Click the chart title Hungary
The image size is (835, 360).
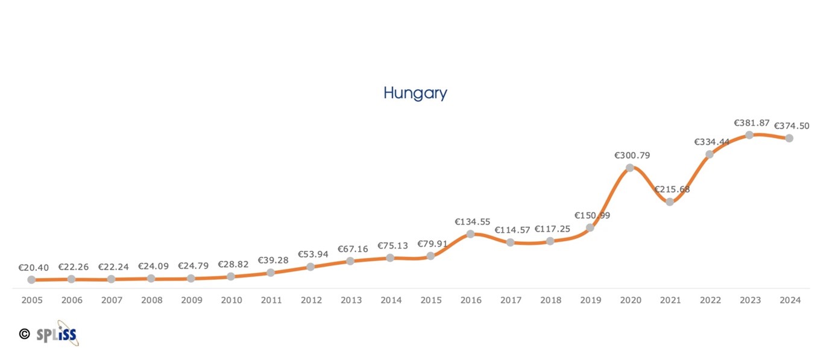[x=415, y=93]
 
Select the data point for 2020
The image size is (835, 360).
[x=630, y=168]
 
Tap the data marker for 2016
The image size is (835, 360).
[x=471, y=233]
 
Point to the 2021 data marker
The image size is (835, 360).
[x=670, y=201]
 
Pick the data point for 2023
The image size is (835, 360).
[x=749, y=135]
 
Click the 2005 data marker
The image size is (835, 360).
[x=31, y=280]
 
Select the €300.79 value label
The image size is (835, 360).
[x=632, y=156]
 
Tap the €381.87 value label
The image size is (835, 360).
[x=752, y=123]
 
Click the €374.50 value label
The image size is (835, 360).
[x=792, y=126]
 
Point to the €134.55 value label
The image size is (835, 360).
[x=473, y=221]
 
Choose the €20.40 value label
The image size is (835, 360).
[x=34, y=267]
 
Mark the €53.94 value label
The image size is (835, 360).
[x=314, y=254]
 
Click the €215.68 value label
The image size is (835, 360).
[x=672, y=189]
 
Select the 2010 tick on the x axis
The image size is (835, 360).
[x=232, y=300]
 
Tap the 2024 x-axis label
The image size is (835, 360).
[x=790, y=300]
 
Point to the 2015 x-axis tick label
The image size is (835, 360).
[x=431, y=300]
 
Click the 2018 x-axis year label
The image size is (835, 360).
[x=550, y=300]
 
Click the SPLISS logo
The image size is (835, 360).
[x=58, y=333]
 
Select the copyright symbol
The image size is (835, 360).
[x=24, y=333]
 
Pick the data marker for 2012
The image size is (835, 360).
[x=310, y=267]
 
